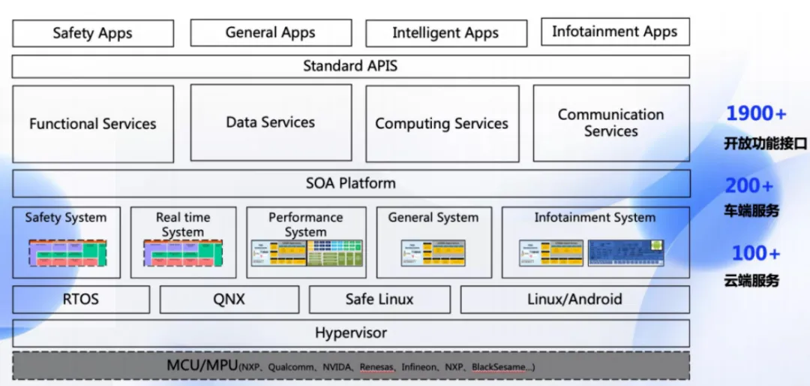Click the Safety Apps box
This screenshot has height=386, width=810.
coord(93,33)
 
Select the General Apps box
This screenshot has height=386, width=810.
coord(271,33)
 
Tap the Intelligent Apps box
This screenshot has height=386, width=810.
coord(445,33)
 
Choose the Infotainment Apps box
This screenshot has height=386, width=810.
coord(615,32)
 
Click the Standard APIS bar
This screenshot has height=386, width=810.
coord(350,66)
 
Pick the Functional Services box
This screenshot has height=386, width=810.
coord(93,124)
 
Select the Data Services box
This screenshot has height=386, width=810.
coord(271,122)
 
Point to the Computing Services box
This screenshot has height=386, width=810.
coord(442,124)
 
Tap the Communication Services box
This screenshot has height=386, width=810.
coord(611,123)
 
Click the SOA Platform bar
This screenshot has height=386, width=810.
coord(350,183)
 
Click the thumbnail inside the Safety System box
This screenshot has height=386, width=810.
coord(67,253)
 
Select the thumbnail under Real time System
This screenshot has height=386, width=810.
coord(183,253)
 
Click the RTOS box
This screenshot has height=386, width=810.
coord(81,300)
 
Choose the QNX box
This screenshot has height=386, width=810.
coord(229,300)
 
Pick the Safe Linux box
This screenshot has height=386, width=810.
coord(379,300)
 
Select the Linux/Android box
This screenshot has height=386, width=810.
coord(574,300)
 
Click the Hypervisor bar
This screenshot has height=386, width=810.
coord(350,333)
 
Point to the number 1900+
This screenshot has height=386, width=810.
coord(756,114)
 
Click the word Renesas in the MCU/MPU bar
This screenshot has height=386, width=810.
coord(376,368)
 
